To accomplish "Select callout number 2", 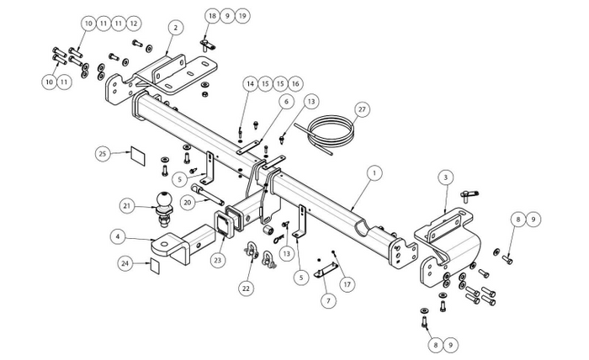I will click(173, 28).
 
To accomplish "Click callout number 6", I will click(286, 101).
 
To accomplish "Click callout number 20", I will click(186, 203).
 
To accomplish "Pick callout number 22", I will click(246, 289).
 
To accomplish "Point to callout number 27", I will click(363, 109).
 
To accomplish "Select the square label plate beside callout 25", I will click(135, 156).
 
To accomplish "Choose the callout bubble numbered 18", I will click(212, 16).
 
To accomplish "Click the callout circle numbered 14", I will click(251, 83).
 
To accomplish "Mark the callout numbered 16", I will click(294, 83).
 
